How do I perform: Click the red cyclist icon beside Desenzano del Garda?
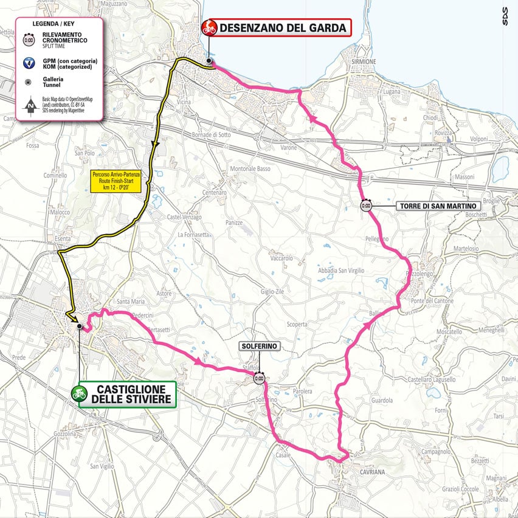click(209, 27)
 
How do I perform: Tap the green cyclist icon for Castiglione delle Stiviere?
click(78, 393)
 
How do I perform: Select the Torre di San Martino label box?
click(438, 206)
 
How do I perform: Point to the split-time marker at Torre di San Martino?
click(365, 205)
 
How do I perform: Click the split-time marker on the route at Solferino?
click(260, 378)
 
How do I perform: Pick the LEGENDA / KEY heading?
click(59, 24)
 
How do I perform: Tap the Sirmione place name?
click(364, 62)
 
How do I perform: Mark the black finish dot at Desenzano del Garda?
click(209, 61)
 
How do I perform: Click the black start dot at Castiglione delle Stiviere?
click(79, 326)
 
